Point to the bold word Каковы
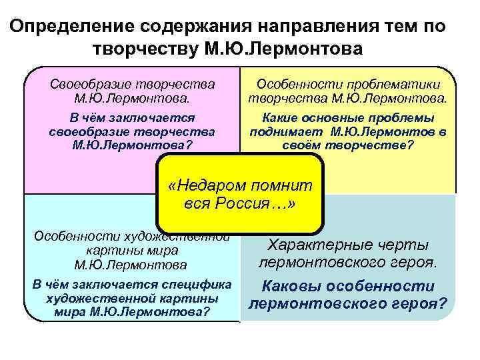click(x=287, y=287)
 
